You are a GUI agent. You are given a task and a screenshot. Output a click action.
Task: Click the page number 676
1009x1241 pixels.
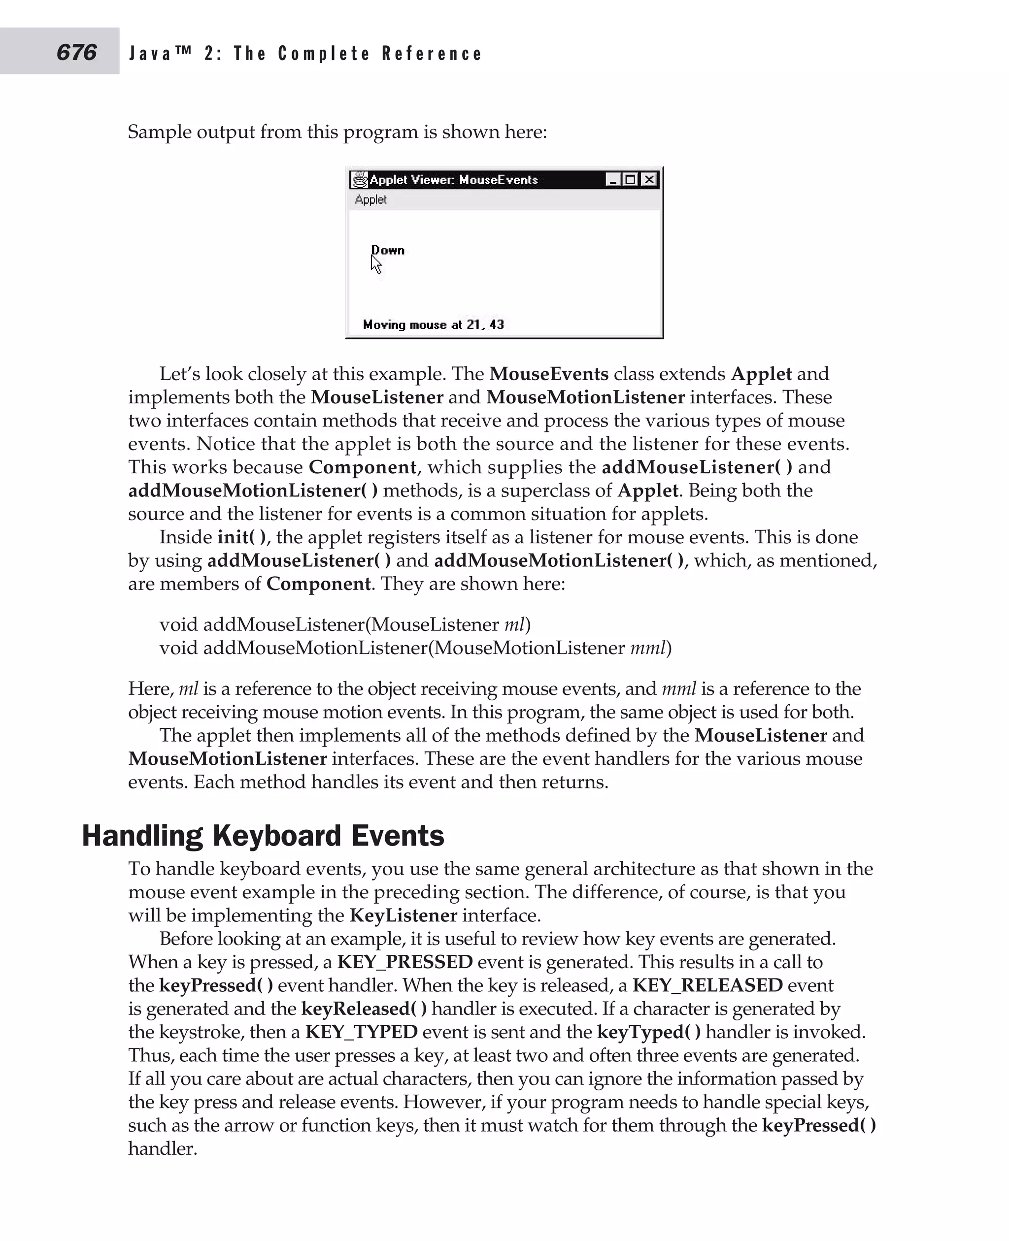click(x=76, y=52)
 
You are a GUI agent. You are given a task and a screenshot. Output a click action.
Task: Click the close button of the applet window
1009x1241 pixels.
click(x=649, y=180)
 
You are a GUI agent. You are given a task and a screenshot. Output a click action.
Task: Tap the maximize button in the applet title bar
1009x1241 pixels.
click(x=630, y=180)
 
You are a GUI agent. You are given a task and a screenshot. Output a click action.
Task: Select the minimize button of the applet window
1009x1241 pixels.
click(x=612, y=180)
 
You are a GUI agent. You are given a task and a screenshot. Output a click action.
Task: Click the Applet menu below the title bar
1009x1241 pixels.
click(x=370, y=199)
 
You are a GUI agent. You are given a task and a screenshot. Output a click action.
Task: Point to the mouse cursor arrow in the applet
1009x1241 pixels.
click(x=375, y=265)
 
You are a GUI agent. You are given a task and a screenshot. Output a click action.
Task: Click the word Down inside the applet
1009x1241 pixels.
click(x=388, y=250)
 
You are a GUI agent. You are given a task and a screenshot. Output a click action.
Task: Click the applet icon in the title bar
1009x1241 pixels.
click(x=360, y=180)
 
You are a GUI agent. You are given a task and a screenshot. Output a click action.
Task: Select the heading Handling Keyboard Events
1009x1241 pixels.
click(x=263, y=836)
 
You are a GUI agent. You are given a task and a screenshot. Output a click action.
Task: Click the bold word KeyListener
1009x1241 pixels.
click(x=403, y=915)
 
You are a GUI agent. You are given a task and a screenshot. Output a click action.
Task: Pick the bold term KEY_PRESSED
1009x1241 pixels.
click(x=404, y=962)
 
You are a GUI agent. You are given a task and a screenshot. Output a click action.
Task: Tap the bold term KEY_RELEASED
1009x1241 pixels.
click(x=707, y=985)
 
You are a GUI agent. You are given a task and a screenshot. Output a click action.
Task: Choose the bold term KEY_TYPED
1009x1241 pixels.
click(x=361, y=1032)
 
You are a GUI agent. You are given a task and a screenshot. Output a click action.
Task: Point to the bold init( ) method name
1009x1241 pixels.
click(x=242, y=537)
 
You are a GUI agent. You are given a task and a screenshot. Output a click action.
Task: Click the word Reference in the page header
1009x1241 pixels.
click(x=432, y=54)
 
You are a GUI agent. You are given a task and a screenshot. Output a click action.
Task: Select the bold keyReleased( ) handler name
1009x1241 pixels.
click(x=364, y=1009)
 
